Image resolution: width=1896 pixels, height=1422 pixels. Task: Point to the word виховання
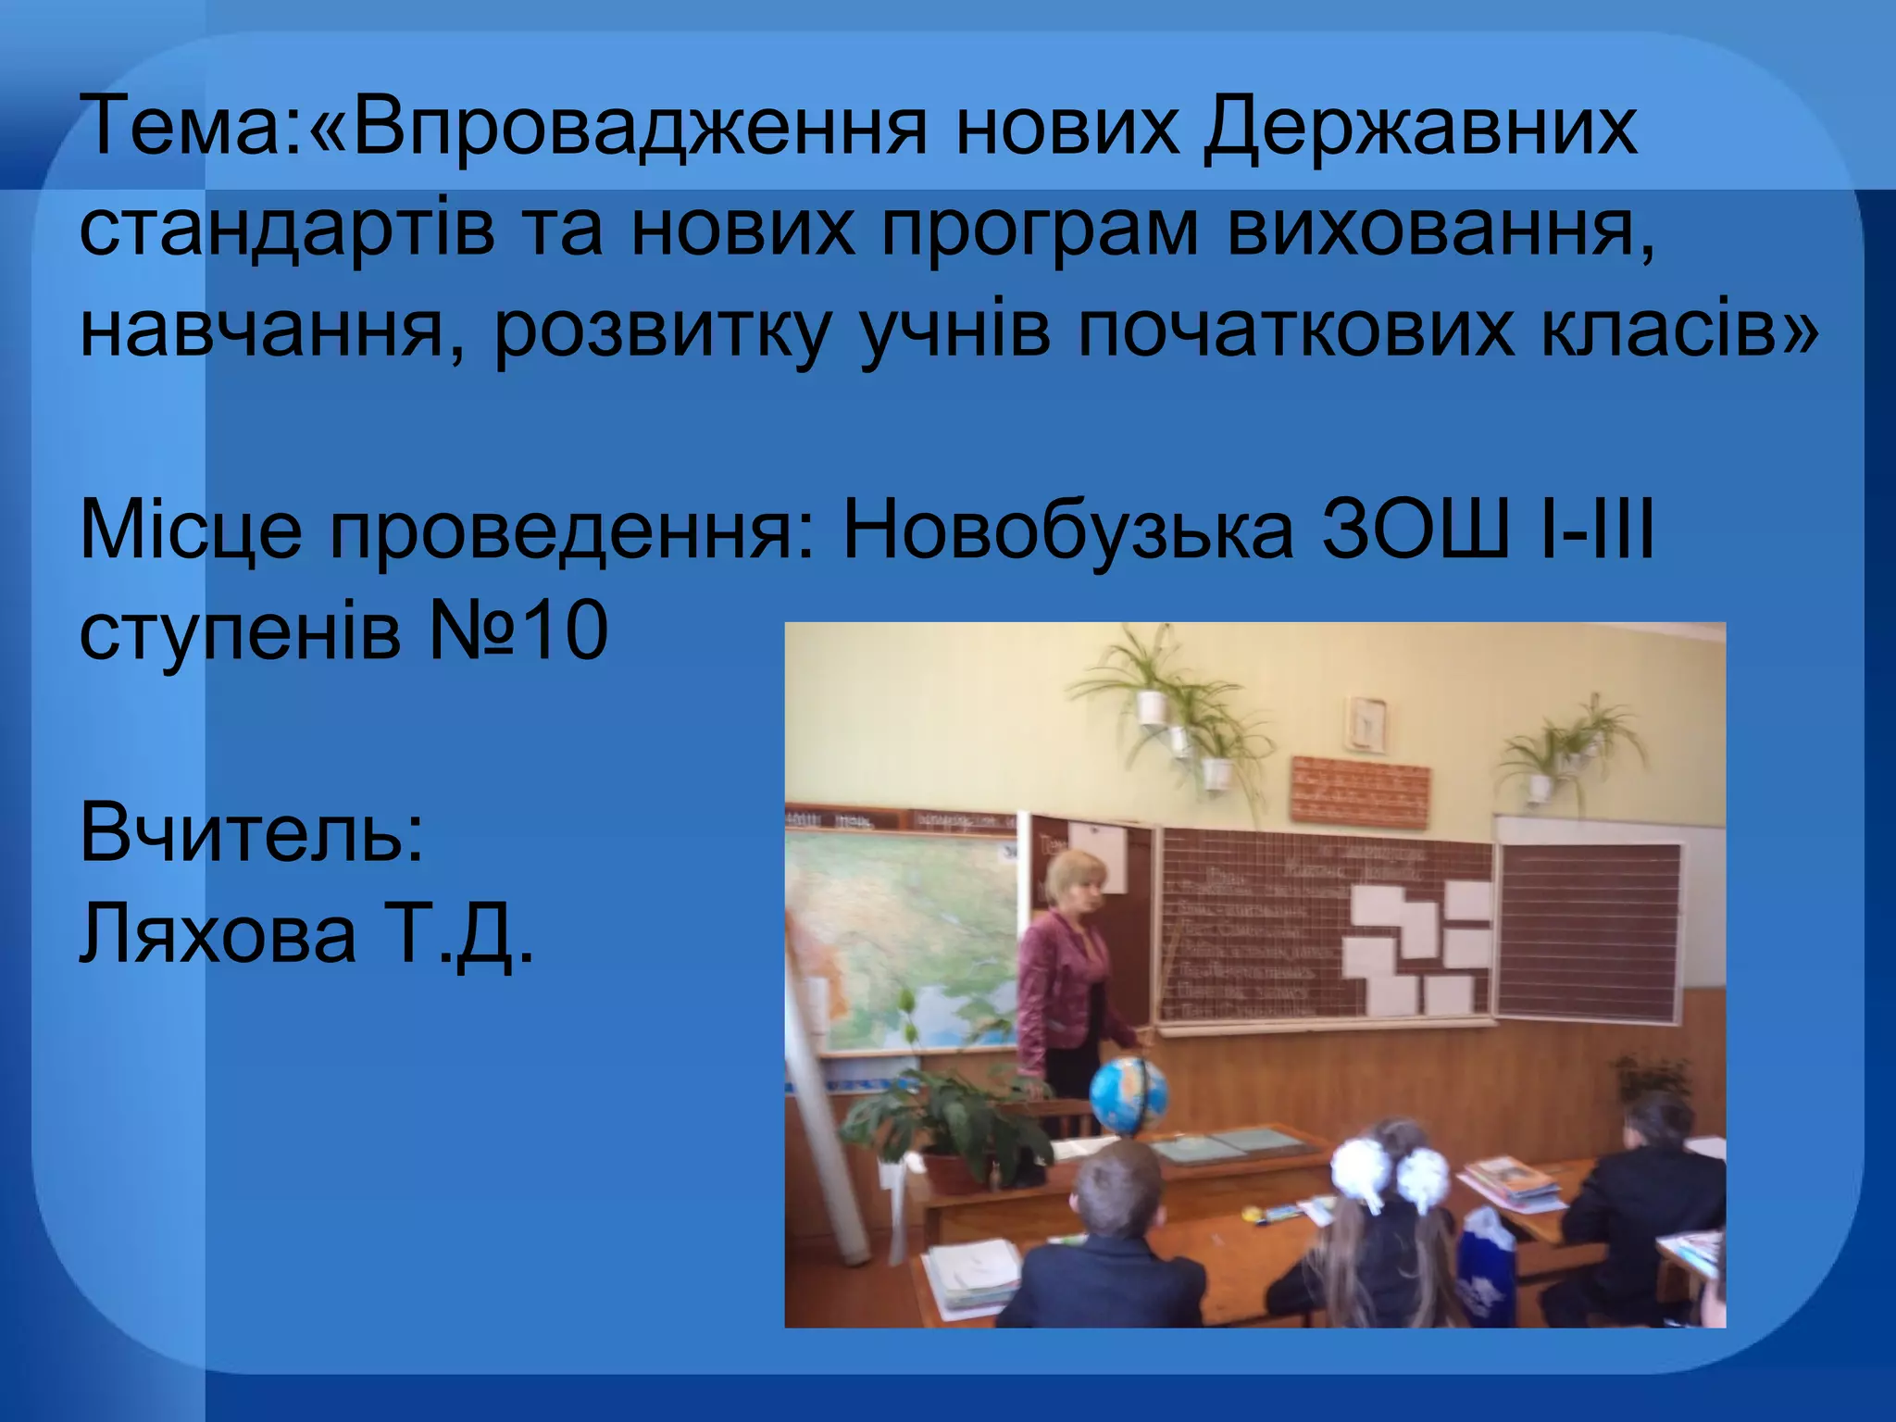pos(1441,229)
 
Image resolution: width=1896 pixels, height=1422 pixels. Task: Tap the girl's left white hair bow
pos(1358,1168)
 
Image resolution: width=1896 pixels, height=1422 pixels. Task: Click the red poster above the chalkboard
pos(1359,792)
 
